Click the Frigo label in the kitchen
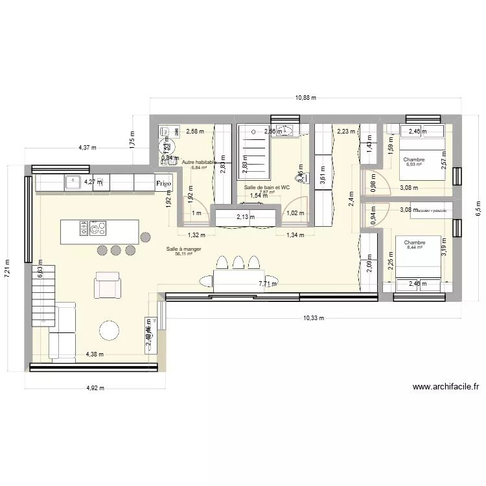click(163, 184)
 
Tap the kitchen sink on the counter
click(73, 183)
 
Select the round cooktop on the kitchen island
click(98, 228)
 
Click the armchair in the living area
click(108, 284)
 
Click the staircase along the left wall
click(43, 298)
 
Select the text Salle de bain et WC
click(266, 187)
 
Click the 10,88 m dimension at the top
click(305, 98)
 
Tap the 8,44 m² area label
click(414, 247)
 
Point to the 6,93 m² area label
click(414, 165)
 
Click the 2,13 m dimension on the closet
click(246, 217)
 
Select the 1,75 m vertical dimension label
click(132, 141)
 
